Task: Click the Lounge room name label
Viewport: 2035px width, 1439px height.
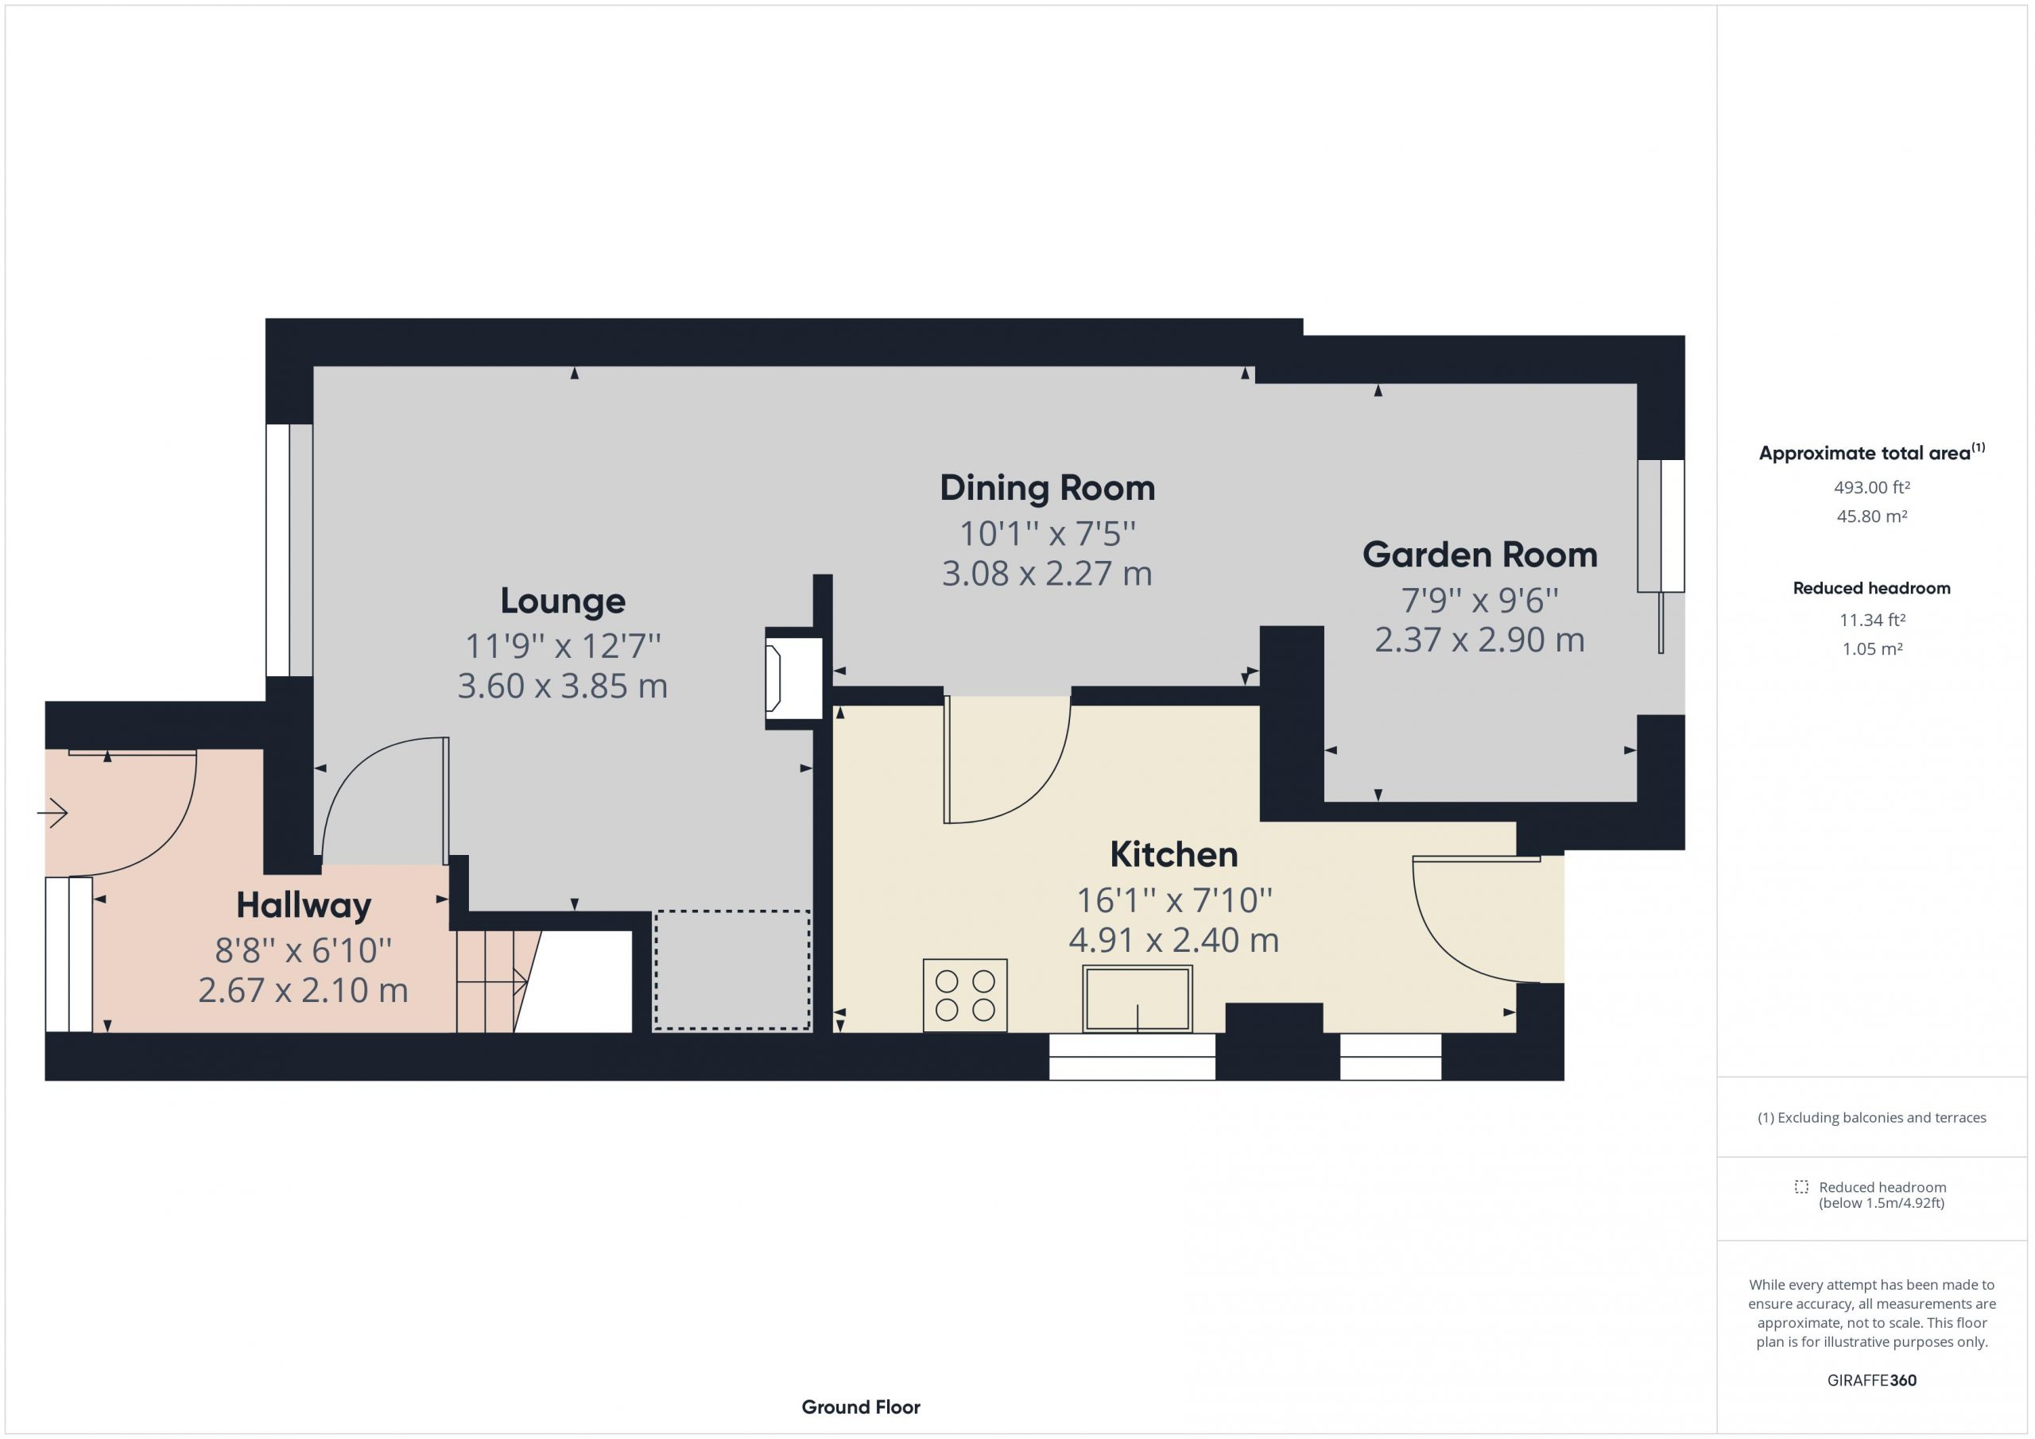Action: tap(563, 601)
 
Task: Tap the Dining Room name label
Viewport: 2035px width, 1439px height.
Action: tap(1047, 487)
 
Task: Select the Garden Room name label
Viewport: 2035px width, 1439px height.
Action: tap(1479, 555)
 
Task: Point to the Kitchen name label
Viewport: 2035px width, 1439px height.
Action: tap(1173, 854)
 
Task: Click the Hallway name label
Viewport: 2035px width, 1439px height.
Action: tap(303, 906)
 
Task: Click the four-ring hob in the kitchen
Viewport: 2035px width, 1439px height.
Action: tap(965, 995)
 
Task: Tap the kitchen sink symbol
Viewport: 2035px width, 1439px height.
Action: tap(1138, 1000)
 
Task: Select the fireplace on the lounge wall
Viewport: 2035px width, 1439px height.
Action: tap(793, 678)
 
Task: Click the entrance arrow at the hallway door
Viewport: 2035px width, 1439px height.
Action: tap(52, 813)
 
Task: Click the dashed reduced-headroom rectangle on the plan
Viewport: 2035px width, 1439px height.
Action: tap(732, 970)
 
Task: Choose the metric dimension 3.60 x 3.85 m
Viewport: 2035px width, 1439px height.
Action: tap(563, 686)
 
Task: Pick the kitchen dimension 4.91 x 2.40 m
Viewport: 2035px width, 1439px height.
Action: tap(1173, 940)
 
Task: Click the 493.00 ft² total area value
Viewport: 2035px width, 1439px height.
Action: tap(1872, 487)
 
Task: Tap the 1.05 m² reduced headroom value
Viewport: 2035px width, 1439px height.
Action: tap(1872, 648)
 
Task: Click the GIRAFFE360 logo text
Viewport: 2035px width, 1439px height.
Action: tap(1872, 1379)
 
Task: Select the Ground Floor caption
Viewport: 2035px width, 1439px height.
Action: tap(861, 1406)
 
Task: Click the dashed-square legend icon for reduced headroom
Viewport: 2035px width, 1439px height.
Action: tap(1801, 1186)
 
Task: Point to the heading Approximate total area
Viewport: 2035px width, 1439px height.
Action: tap(1865, 454)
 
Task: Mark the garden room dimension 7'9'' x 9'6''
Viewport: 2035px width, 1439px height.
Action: tap(1479, 601)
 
